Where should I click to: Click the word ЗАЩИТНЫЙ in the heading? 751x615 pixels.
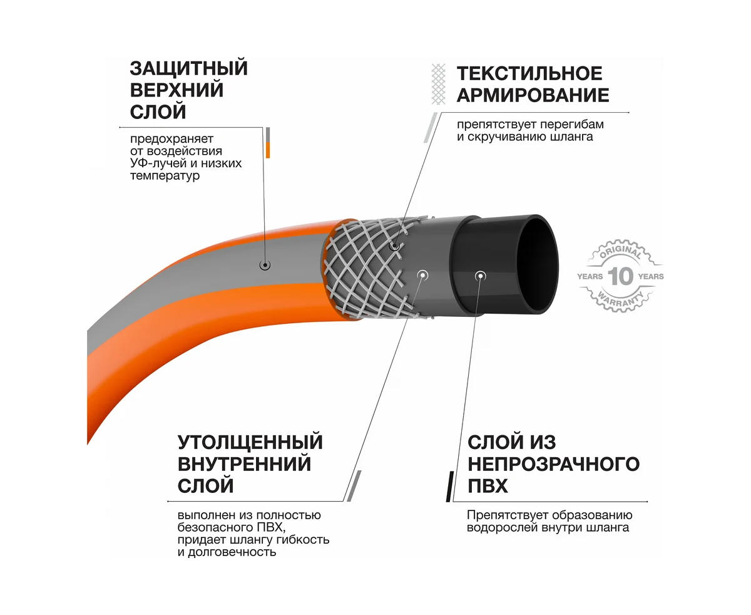point(188,68)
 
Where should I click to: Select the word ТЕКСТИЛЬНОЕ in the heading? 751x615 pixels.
point(529,73)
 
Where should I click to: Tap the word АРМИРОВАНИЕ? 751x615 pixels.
point(533,95)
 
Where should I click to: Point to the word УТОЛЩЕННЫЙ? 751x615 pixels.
point(250,442)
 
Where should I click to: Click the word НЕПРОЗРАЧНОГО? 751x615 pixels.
point(553,464)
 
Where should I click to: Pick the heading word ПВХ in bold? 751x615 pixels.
point(488,486)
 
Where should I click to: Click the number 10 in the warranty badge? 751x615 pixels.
point(621,276)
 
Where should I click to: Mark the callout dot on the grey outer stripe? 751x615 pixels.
point(265,265)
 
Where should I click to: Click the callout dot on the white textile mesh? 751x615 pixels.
point(395,246)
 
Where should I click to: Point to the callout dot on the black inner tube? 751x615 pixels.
point(480,275)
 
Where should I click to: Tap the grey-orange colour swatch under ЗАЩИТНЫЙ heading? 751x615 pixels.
point(268,143)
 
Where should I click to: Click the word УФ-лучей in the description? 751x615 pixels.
point(155,163)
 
